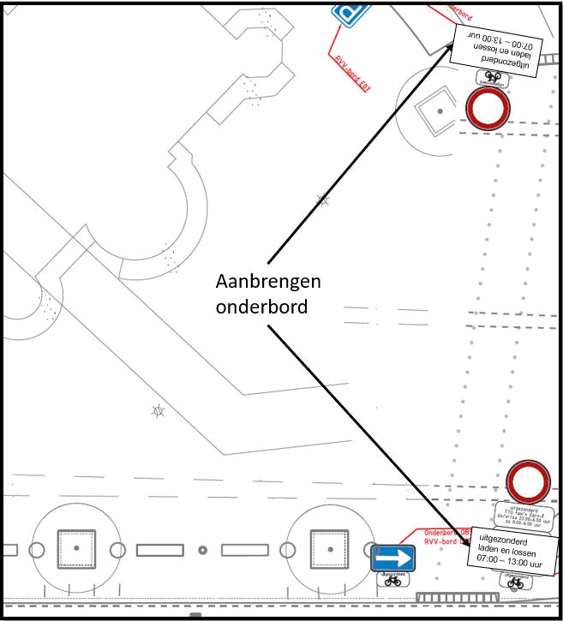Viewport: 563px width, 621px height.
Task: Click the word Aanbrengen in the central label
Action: (x=267, y=283)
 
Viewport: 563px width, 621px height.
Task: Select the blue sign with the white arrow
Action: (x=393, y=558)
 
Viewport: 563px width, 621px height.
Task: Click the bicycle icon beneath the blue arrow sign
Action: (x=393, y=580)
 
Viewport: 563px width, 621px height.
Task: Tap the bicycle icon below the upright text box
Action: (x=515, y=583)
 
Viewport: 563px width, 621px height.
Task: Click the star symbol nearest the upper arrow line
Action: (x=323, y=200)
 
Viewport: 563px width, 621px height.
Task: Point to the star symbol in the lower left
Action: (x=157, y=411)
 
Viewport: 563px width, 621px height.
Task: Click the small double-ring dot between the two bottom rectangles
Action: (x=202, y=550)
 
